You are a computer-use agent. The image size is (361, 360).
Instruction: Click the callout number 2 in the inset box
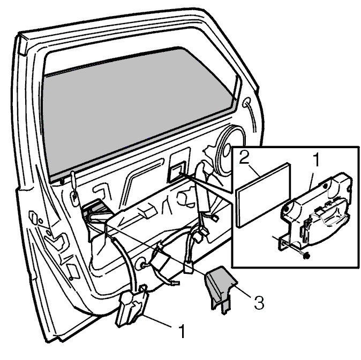click(244, 157)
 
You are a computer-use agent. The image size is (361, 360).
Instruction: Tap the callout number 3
click(259, 302)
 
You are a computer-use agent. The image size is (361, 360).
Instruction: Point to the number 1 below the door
click(182, 331)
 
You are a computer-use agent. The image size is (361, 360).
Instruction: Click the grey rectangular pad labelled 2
click(264, 195)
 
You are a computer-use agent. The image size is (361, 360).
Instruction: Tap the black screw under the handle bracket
click(306, 256)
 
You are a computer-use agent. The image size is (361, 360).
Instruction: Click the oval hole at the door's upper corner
click(246, 102)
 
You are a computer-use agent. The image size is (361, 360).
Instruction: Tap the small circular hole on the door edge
click(41, 221)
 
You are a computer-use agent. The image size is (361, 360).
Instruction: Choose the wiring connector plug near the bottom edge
click(187, 267)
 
